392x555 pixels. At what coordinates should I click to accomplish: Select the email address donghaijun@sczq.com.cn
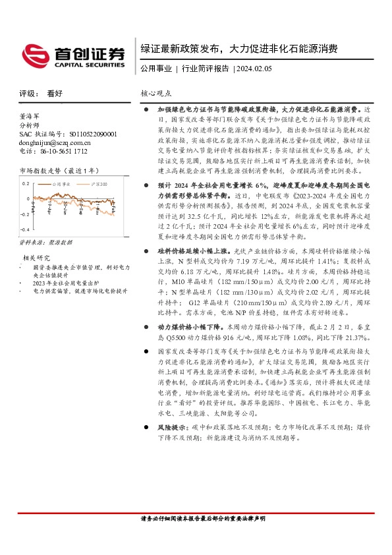point(55,142)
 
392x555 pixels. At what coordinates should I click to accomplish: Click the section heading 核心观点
point(157,94)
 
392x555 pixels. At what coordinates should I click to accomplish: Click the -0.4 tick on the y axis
point(25,229)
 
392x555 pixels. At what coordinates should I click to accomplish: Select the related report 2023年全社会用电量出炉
point(62,282)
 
